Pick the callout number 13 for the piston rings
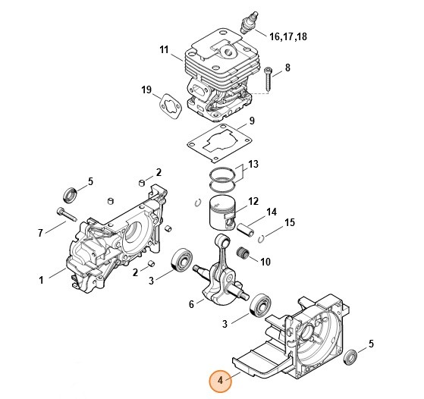point(253,164)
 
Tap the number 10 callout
point(265,262)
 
